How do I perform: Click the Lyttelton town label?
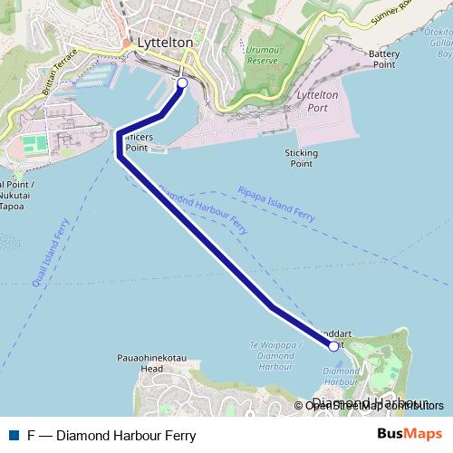(x=164, y=43)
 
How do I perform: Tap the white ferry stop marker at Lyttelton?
(x=181, y=83)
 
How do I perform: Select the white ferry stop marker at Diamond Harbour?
(x=333, y=346)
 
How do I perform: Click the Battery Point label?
(x=383, y=59)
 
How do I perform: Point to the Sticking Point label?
(x=302, y=159)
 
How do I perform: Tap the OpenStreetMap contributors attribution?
(x=374, y=405)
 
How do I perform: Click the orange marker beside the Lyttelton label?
(x=126, y=43)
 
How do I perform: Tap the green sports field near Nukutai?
(x=34, y=144)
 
